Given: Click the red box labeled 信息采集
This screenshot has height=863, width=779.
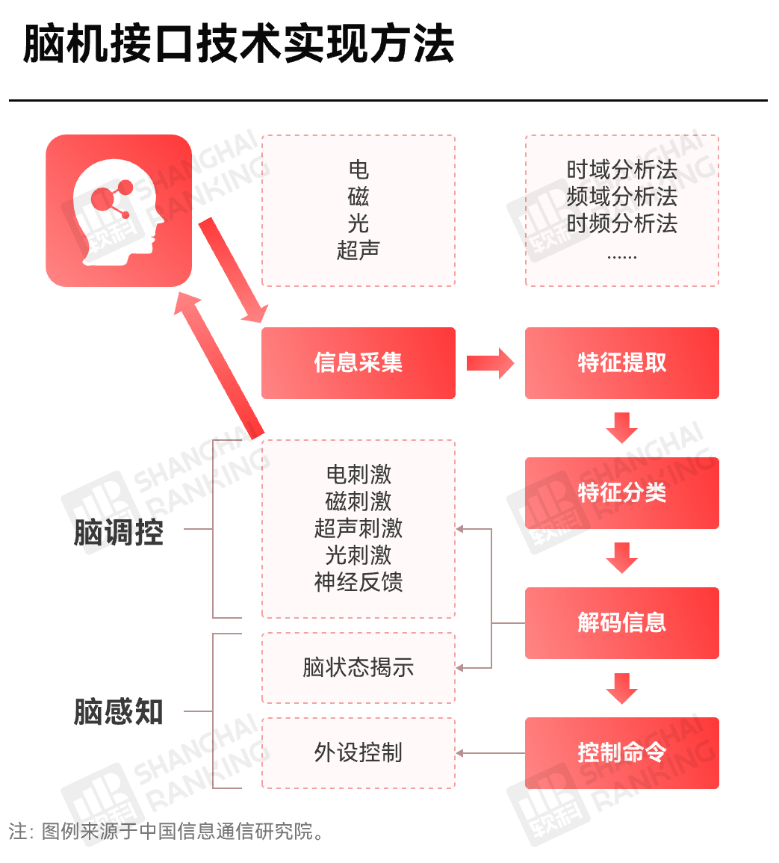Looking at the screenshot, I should coord(358,363).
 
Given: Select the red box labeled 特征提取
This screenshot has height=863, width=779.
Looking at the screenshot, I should coord(621,363).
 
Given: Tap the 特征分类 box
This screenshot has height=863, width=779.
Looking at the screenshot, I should coord(621,493).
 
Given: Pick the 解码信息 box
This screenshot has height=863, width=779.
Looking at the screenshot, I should coord(621,623).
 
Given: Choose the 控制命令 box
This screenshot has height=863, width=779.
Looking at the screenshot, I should coord(621,753).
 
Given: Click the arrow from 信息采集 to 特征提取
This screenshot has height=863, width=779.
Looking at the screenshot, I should coord(490,363).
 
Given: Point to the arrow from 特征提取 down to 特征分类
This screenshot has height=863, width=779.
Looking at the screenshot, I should coord(621,427).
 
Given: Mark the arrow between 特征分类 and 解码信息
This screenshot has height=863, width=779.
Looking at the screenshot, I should coord(621,557).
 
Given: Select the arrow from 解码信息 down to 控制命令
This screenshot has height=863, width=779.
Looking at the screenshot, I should coord(621,687).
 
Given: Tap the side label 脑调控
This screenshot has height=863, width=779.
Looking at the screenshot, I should coord(118,533).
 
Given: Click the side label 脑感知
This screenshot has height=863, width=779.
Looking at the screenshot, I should coord(118,712).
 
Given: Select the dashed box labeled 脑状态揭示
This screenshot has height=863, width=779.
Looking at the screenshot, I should coord(358,667).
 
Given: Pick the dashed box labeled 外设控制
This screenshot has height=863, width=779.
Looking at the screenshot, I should coord(358,752).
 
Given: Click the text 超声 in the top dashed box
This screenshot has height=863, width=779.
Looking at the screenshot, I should coord(358,250).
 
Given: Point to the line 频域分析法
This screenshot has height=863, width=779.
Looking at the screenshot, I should coord(621,197).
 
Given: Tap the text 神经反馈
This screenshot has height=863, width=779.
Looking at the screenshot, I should coord(358,582).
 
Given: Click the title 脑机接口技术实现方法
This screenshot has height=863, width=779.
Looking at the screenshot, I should coord(238,43).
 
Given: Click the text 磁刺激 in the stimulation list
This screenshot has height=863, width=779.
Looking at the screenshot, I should coord(358,501).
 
